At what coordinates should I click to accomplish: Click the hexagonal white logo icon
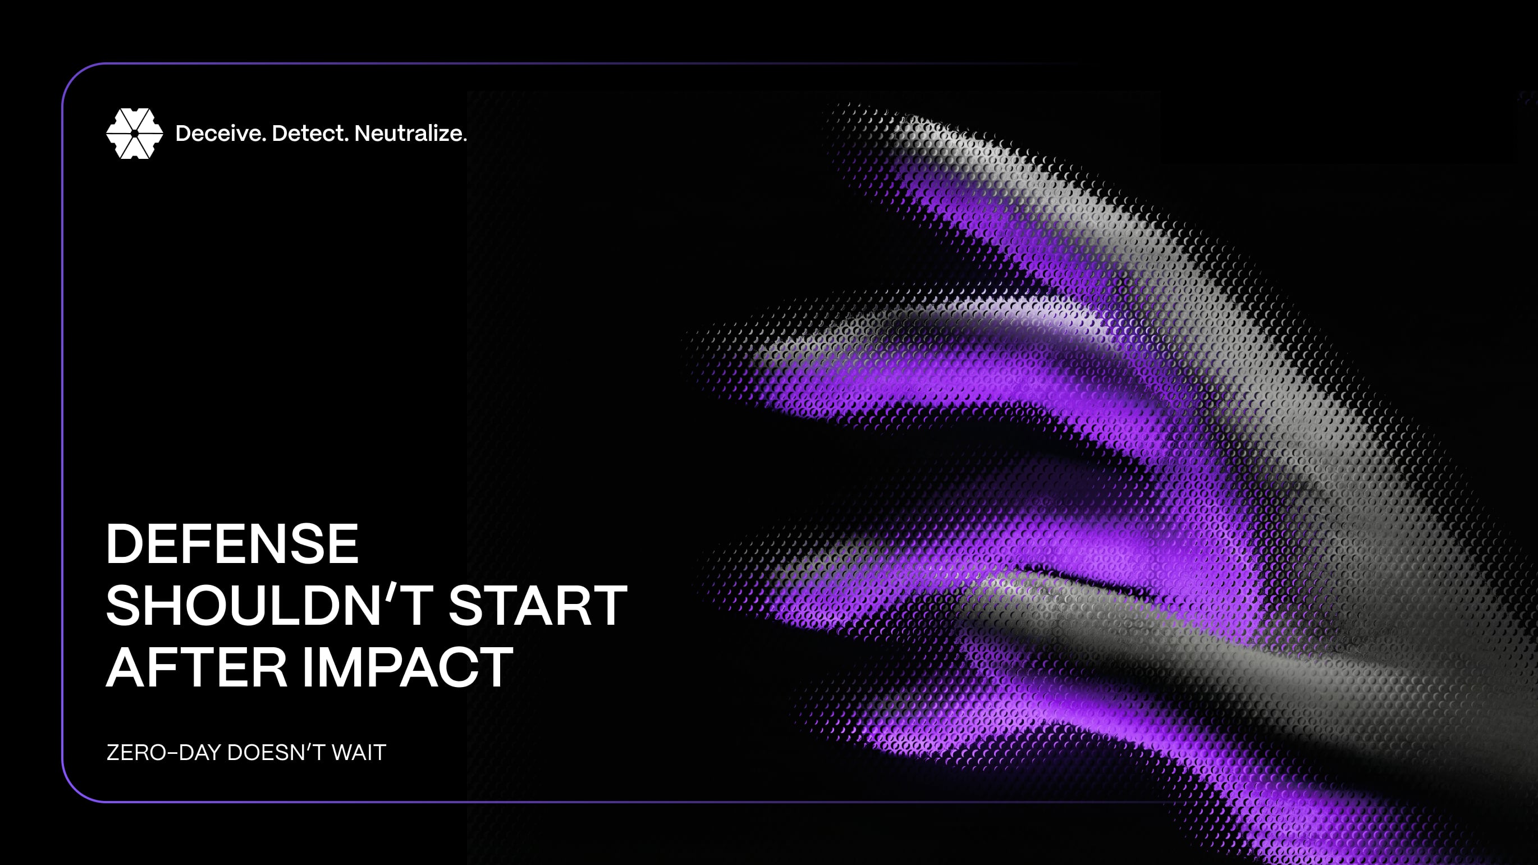[134, 133]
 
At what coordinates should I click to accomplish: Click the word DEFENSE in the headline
[232, 543]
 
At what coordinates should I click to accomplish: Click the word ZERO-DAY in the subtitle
[163, 752]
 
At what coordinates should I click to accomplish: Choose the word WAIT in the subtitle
[359, 752]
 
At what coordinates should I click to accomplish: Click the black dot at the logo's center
[134, 133]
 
